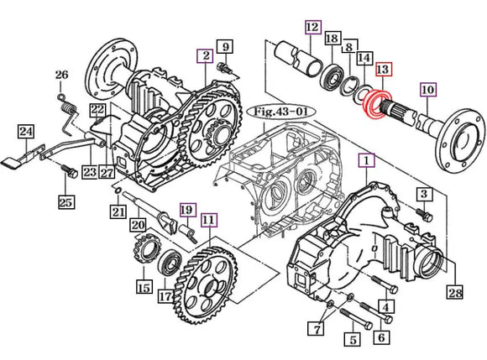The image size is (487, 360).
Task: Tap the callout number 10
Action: point(427,89)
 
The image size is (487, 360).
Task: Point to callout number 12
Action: point(312,29)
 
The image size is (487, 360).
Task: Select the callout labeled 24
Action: point(26,132)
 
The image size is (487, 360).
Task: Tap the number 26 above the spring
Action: point(60,76)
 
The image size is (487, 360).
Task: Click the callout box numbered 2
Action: point(203,56)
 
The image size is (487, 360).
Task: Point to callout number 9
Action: point(224,45)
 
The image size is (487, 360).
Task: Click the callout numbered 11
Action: point(207,221)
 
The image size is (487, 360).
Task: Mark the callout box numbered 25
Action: point(65,201)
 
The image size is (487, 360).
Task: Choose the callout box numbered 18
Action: point(332,39)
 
